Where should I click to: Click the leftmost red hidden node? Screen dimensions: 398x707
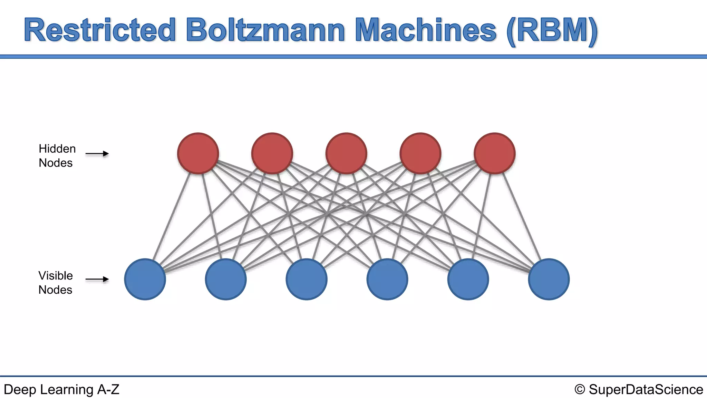(198, 153)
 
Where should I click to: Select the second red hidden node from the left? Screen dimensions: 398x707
(272, 153)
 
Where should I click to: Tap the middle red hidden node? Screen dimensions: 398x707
(346, 153)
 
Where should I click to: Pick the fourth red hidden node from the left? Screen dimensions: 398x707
(420, 153)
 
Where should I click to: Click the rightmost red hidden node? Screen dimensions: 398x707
(495, 153)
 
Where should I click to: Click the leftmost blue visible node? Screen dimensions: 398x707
(145, 279)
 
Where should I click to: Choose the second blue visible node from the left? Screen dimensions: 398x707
(226, 279)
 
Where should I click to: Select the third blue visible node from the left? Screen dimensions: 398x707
(307, 279)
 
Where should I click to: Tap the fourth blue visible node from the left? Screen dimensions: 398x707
(387, 279)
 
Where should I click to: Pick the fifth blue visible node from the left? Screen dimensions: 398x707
(468, 279)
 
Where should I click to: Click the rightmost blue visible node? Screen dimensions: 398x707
(549, 279)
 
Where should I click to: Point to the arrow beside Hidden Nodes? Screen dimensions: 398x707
(97, 154)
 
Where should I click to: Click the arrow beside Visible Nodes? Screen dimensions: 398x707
(97, 279)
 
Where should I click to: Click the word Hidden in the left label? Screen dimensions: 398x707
(57, 149)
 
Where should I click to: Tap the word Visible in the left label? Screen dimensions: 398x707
(56, 276)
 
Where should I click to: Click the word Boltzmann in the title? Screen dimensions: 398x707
(265, 30)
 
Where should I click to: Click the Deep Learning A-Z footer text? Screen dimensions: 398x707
(61, 389)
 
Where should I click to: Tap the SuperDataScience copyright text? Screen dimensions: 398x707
(639, 389)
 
